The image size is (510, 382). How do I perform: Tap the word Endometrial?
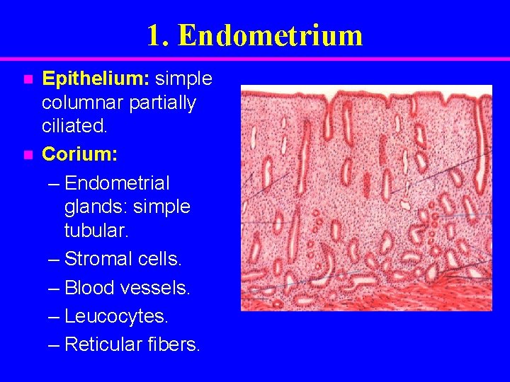(x=117, y=183)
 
